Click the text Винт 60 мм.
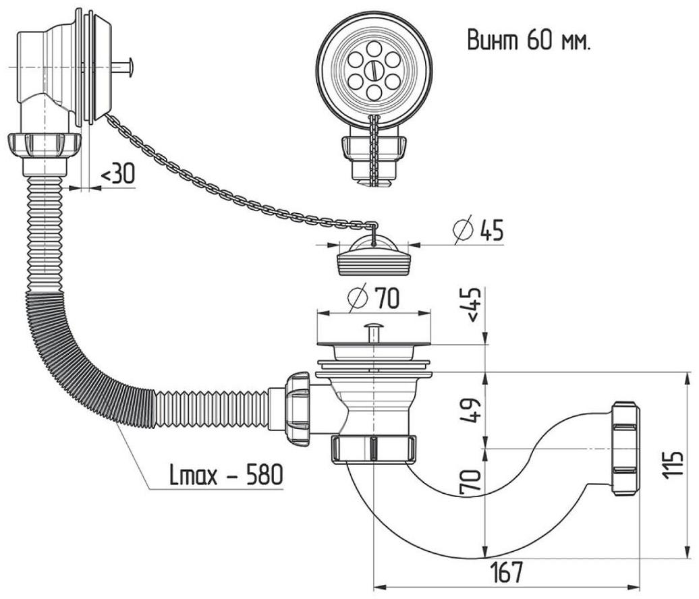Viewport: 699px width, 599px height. click(x=529, y=40)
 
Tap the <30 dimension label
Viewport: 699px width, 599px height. click(x=118, y=173)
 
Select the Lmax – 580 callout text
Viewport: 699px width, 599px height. click(x=226, y=475)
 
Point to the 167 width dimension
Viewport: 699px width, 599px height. click(x=507, y=572)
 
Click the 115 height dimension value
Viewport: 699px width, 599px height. click(x=672, y=465)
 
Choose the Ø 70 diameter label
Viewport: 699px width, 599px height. click(x=374, y=298)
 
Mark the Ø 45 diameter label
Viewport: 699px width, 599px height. click(x=478, y=231)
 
